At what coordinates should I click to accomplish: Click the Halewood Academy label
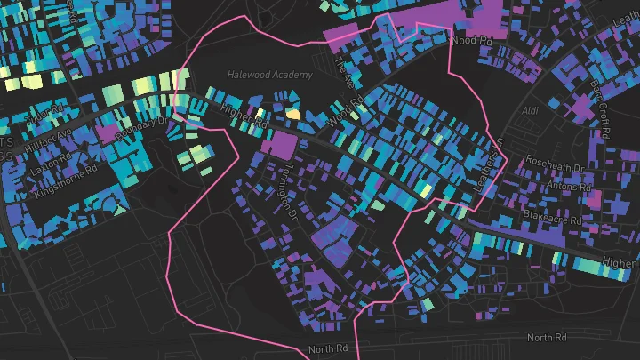pyautogui.click(x=269, y=76)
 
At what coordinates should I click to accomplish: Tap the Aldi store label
pyautogui.click(x=532, y=110)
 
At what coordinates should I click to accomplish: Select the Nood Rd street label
pyautogui.click(x=471, y=40)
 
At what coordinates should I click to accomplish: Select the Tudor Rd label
pyautogui.click(x=42, y=116)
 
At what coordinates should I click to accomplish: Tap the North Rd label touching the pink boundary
pyautogui.click(x=330, y=349)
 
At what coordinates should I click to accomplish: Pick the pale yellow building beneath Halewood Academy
pyautogui.click(x=292, y=114)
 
